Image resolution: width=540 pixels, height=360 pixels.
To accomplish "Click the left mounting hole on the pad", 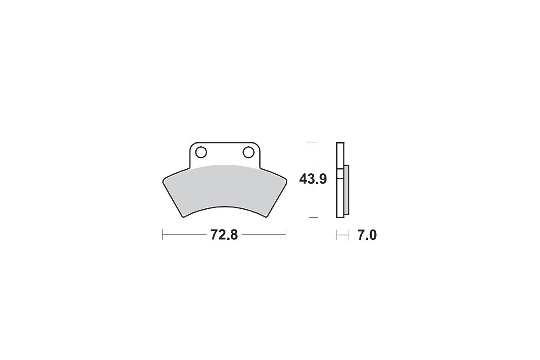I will tap(201, 153).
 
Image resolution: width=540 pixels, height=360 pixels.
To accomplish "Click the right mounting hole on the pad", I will tap(248, 153).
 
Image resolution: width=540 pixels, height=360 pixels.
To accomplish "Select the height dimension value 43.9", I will tap(313, 179).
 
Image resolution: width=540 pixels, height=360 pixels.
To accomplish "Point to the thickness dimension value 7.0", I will tap(367, 235).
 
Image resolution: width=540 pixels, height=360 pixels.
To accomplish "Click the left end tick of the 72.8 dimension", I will tap(162, 235).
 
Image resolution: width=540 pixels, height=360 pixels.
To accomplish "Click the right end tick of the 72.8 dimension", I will tap(286, 235).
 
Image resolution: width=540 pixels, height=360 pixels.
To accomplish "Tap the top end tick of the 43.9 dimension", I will tap(313, 143).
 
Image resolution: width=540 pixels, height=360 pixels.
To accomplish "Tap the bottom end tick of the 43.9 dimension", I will tap(313, 217).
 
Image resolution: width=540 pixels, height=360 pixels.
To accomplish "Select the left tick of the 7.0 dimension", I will tap(337, 235).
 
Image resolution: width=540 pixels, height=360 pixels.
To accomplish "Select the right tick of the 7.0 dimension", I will tap(348, 235).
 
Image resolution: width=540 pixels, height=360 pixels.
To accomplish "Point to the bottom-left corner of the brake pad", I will tap(184, 217).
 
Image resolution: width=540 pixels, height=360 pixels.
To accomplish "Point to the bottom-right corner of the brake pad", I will tap(265, 217).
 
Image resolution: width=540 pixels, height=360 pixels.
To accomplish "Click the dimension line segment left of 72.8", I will tap(184, 235).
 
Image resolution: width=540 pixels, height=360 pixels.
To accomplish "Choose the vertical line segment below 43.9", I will tap(313, 202).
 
